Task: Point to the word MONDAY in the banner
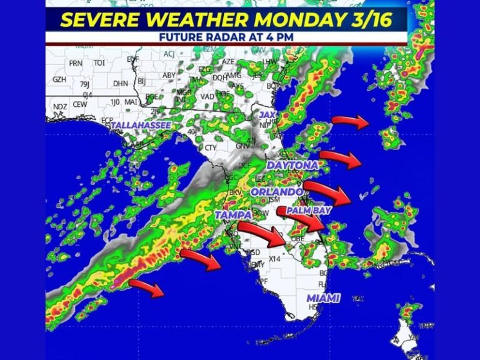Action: (x=272, y=19)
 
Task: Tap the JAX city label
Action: (x=267, y=115)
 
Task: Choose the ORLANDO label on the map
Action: (x=277, y=191)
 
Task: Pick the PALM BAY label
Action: (x=308, y=211)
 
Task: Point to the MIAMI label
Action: (x=324, y=297)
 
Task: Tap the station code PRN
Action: (x=76, y=63)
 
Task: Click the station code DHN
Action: (x=121, y=82)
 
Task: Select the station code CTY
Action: (x=211, y=148)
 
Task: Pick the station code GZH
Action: (x=59, y=80)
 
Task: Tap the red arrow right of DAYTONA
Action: (x=341, y=159)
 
